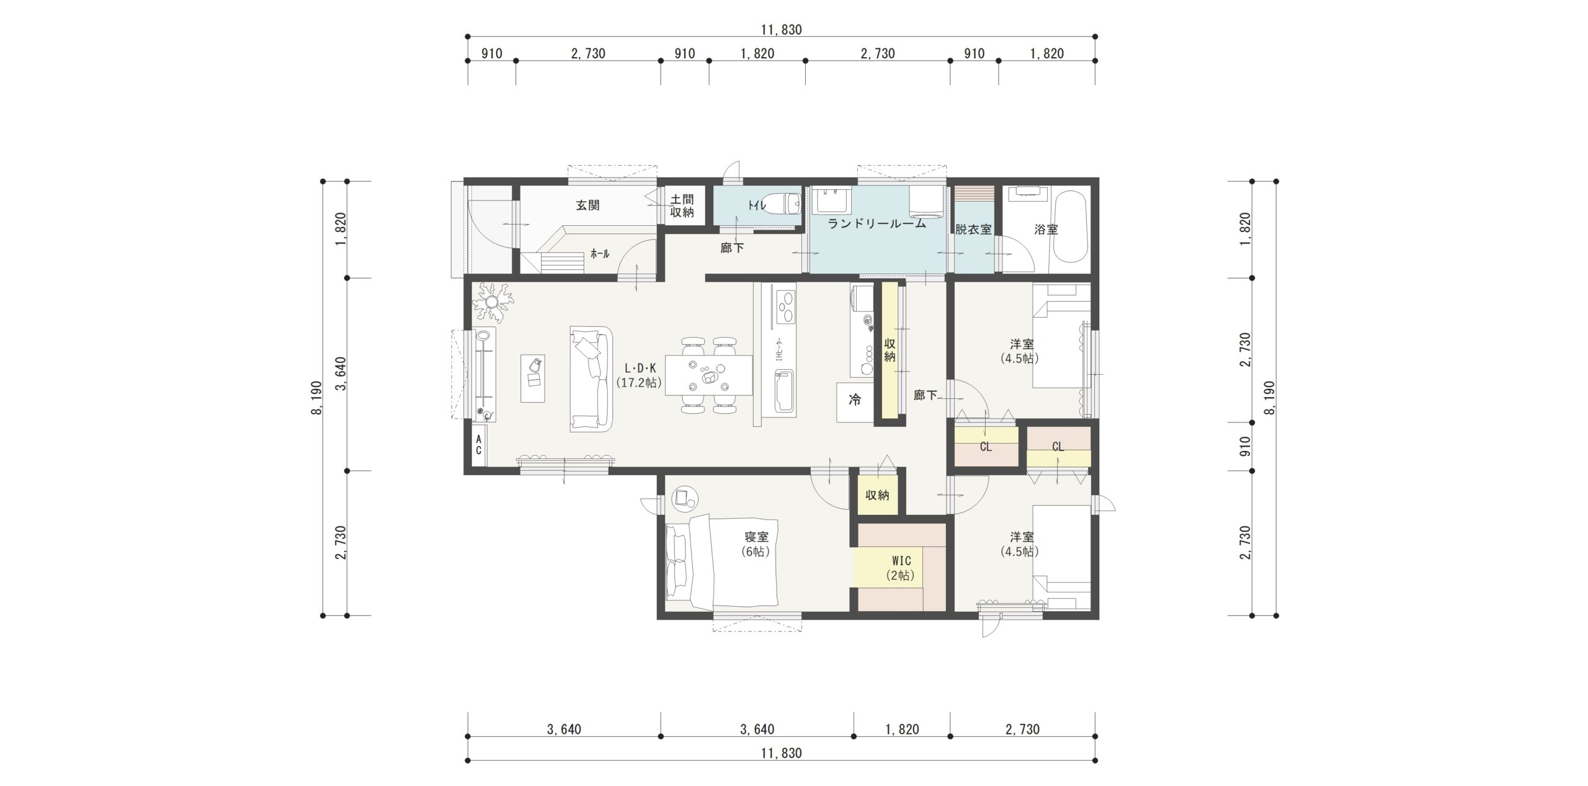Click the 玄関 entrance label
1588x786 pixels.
pos(587,205)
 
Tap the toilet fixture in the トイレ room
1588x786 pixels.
pos(787,203)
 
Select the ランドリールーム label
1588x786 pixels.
pos(877,223)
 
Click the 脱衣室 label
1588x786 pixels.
pos(973,230)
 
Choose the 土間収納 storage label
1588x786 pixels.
pos(682,206)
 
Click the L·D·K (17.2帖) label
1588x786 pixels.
pos(639,375)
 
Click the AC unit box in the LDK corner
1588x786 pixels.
pos(479,445)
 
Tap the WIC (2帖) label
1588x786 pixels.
pos(900,568)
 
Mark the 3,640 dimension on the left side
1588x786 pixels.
pos(341,374)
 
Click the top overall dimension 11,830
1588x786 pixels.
pos(782,29)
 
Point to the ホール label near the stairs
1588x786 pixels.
pos(600,253)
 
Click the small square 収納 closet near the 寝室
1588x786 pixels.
pos(877,494)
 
